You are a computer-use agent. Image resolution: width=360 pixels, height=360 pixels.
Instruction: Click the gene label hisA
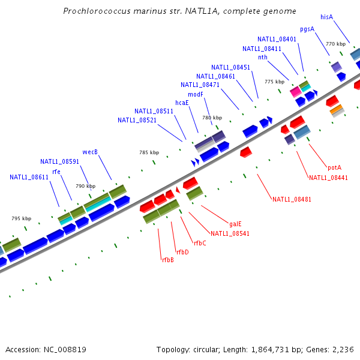click(327, 17)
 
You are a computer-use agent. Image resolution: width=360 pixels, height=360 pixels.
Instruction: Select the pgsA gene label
click(307, 29)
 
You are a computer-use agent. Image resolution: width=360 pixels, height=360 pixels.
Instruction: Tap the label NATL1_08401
click(277, 39)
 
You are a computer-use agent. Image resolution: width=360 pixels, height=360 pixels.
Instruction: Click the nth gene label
click(263, 57)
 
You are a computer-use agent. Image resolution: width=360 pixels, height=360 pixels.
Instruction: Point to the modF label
click(196, 94)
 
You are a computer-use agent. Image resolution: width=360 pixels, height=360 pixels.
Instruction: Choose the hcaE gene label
click(182, 103)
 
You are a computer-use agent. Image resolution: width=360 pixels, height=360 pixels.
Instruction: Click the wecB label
click(90, 152)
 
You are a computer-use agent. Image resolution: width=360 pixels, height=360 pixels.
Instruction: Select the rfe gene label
click(56, 172)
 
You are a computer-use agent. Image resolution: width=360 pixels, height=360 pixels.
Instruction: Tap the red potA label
click(335, 167)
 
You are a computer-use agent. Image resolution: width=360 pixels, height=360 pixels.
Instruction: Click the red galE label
click(235, 224)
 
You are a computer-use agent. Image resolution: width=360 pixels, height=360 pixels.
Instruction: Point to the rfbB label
click(168, 260)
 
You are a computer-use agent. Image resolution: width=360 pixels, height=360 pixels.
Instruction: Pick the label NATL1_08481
click(292, 199)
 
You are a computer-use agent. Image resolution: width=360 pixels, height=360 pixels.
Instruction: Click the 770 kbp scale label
click(336, 44)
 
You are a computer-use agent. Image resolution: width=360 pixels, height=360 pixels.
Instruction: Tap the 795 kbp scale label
click(22, 218)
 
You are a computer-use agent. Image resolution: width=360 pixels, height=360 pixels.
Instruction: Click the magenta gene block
click(295, 92)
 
